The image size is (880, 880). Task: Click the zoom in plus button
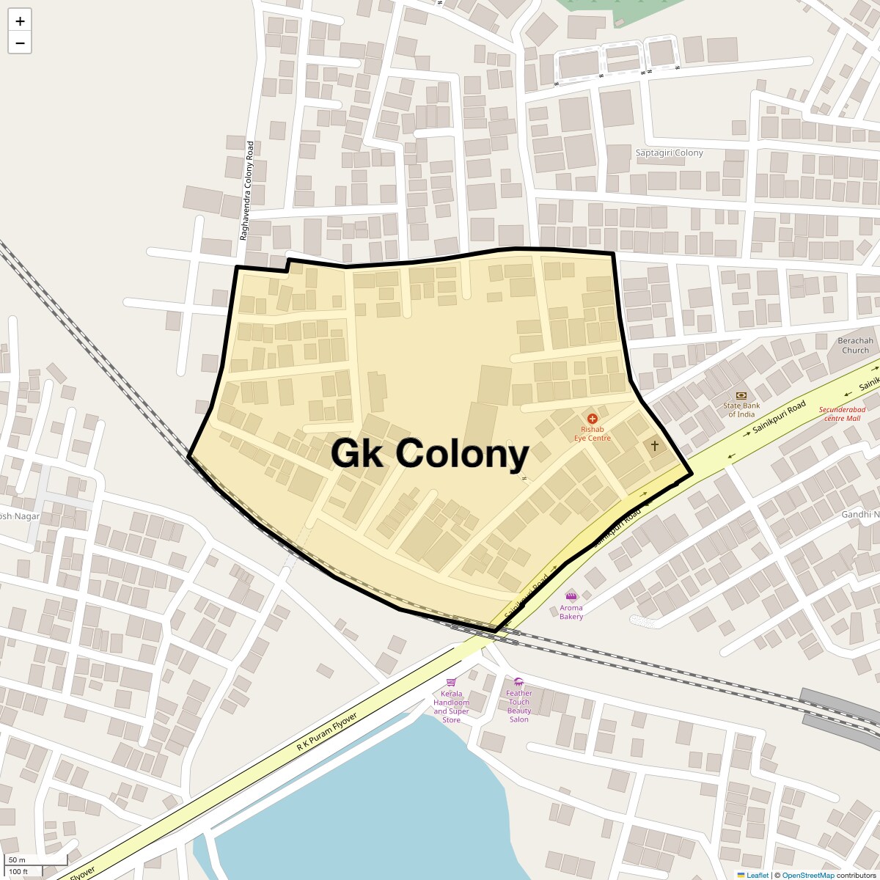tap(20, 21)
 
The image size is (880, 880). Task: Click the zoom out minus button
tap(20, 43)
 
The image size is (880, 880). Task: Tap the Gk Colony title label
tap(430, 453)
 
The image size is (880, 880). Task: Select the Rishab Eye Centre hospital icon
tap(593, 418)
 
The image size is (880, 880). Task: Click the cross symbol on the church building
tap(654, 445)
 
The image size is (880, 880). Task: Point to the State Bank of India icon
tap(741, 396)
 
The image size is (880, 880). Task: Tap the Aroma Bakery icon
tap(571, 595)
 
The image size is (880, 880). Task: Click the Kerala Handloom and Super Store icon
tap(451, 682)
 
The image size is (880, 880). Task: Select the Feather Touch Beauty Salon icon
tap(518, 682)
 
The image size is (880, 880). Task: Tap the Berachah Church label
tap(855, 345)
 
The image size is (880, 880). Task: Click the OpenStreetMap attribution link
tap(807, 875)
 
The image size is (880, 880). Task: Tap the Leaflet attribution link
tap(757, 875)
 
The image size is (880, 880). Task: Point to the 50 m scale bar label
tap(17, 859)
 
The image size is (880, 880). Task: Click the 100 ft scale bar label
tap(18, 871)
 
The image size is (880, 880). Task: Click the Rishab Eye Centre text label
tap(593, 433)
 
